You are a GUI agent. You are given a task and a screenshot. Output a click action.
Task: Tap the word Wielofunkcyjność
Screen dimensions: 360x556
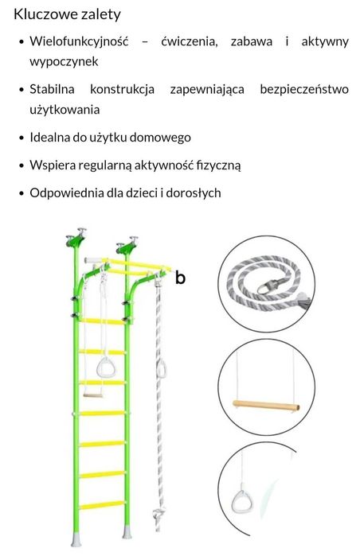point(79,41)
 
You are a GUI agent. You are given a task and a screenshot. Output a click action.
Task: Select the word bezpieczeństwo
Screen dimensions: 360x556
point(304,89)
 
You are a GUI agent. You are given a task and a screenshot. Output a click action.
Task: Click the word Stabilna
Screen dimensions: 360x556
point(52,89)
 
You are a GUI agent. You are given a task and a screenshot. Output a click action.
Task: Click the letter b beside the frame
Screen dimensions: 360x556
point(180,278)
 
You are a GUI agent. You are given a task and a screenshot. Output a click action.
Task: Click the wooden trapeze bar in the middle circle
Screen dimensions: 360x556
point(266,405)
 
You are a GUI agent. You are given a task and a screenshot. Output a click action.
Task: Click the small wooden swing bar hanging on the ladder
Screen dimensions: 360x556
point(93,395)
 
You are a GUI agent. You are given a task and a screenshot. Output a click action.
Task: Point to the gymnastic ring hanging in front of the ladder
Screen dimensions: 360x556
point(105,367)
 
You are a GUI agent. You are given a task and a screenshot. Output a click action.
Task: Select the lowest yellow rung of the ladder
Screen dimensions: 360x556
point(101,505)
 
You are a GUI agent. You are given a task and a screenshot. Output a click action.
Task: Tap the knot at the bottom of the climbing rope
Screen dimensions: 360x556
point(158,514)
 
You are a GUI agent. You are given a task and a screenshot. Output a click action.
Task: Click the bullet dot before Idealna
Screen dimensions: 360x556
point(22,138)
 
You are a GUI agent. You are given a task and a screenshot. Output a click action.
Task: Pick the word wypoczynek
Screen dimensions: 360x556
point(64,62)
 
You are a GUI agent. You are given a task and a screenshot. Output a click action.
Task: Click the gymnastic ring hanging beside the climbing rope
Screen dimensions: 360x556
point(161,369)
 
